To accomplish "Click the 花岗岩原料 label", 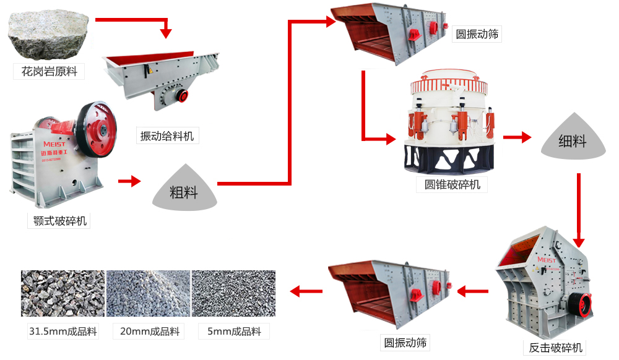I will [49, 72].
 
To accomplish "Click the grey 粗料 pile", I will [183, 188].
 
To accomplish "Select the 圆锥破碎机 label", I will [452, 184].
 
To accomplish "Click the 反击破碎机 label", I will [555, 347].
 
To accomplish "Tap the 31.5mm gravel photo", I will [63, 293].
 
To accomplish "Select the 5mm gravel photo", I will [233, 293].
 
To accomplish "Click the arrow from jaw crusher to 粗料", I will [129, 181].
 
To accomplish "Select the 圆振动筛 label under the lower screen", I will [405, 342].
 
